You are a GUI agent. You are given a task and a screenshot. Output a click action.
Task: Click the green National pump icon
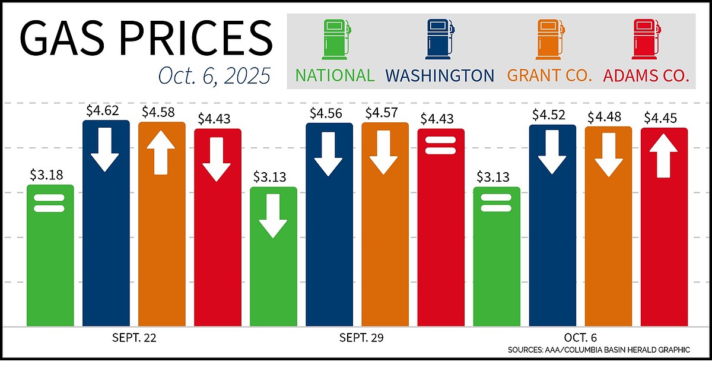click(x=335, y=40)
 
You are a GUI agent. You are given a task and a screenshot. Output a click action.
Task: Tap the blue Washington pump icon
click(x=440, y=40)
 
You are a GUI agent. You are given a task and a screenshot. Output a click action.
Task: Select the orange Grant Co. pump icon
click(x=548, y=40)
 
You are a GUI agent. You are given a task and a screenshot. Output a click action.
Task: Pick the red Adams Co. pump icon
click(x=646, y=40)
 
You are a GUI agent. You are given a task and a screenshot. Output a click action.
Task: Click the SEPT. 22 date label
click(x=134, y=338)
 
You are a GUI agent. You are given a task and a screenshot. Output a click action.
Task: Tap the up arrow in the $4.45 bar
click(x=664, y=156)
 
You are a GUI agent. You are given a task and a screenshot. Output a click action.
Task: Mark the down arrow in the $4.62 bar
click(x=106, y=152)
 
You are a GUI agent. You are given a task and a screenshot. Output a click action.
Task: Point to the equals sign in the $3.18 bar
click(x=50, y=204)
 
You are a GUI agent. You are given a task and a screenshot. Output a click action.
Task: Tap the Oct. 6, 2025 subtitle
click(x=214, y=76)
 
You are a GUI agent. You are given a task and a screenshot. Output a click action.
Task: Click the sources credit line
click(x=598, y=350)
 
